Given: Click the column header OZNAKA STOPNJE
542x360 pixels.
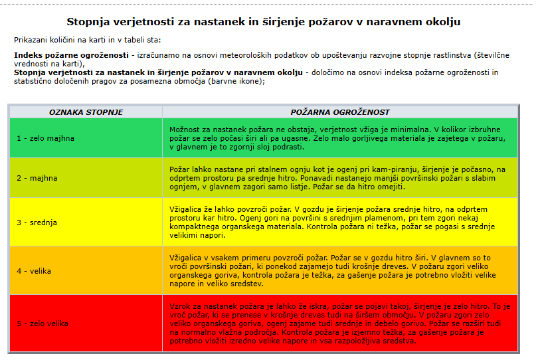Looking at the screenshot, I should point(86,112).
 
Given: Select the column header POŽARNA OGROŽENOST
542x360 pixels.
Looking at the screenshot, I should point(340,112).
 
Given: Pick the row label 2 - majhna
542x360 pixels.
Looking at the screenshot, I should point(37,178).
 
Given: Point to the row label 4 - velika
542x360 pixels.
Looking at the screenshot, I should point(34,271).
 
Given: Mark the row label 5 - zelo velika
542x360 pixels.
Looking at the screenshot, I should point(43,323).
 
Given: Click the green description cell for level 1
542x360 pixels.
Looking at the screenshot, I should point(339,137).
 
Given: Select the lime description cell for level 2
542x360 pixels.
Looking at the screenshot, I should point(339,178).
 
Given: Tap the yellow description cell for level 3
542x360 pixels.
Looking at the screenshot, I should point(339,222).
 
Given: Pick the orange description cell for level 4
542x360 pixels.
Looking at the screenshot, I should point(339,270).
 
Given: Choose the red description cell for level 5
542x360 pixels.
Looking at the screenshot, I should point(339,323).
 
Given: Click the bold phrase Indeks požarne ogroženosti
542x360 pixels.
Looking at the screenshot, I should point(71,54).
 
